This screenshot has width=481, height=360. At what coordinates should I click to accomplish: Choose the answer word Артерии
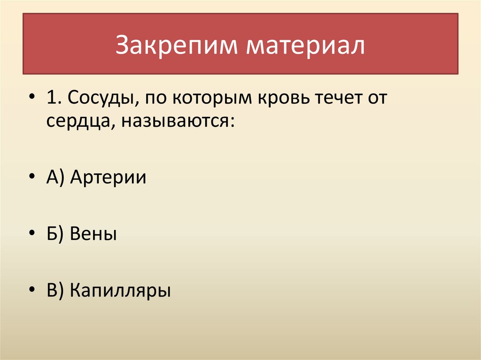pyautogui.click(x=108, y=178)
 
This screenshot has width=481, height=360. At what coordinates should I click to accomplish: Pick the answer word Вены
pyautogui.click(x=93, y=233)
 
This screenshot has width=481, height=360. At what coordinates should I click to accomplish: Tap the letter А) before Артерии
pyautogui.click(x=56, y=178)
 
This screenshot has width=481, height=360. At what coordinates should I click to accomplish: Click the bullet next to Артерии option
pyautogui.click(x=31, y=178)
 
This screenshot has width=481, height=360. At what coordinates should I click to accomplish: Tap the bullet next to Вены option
pyautogui.click(x=31, y=233)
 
